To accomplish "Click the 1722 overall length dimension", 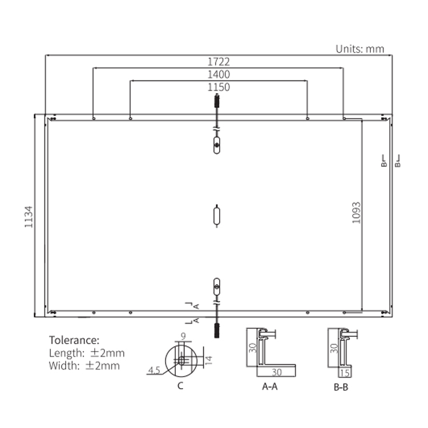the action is [219, 62].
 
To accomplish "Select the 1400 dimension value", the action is [219, 75].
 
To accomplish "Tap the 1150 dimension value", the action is [219, 87].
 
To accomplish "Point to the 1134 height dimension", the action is [29, 217].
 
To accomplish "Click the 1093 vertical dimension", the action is [357, 213].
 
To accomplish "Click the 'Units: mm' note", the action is [360, 49].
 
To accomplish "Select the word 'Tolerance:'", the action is [74, 340].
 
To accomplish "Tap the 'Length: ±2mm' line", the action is [87, 353].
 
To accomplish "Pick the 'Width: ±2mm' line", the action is [84, 366].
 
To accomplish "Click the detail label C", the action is [180, 386].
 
